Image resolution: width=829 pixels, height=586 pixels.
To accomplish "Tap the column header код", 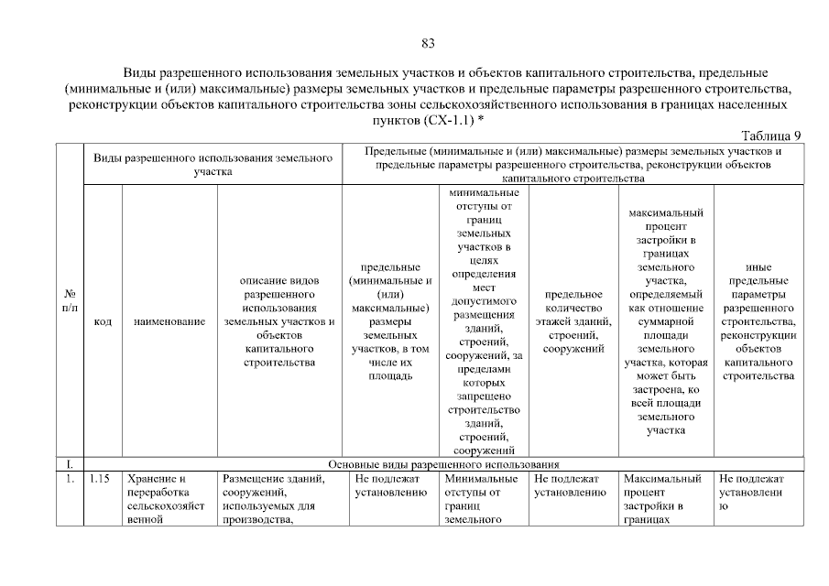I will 103,323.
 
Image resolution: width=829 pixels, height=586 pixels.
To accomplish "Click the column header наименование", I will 169,323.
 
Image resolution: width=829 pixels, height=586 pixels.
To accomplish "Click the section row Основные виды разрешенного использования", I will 443,464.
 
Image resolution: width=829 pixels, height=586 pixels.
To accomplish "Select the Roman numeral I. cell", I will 71,464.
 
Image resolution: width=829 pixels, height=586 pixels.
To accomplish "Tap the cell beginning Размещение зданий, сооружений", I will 279,499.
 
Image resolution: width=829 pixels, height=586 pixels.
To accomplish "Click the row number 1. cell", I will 71,479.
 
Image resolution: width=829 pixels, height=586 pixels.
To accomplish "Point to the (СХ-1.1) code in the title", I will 449,121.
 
